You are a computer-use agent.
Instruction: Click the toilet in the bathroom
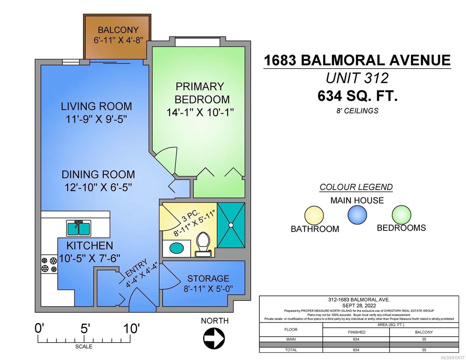click(203, 244)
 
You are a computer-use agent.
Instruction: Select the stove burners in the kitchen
click(49, 265)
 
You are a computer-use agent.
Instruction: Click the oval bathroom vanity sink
click(177, 248)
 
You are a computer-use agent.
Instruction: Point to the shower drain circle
click(231, 225)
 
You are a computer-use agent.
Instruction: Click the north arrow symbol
click(214, 338)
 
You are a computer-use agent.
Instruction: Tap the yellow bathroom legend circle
click(314, 215)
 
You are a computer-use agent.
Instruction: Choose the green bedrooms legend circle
click(401, 214)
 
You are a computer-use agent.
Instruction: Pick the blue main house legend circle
click(357, 215)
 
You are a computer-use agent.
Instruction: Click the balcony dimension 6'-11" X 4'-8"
click(118, 40)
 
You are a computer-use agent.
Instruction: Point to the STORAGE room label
click(208, 278)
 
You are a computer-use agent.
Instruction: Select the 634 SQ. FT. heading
click(357, 96)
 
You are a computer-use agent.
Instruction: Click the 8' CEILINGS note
click(357, 111)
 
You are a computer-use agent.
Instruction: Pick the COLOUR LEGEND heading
click(356, 187)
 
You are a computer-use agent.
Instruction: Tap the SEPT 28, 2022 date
click(359, 305)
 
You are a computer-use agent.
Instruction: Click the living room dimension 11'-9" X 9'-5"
click(96, 119)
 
